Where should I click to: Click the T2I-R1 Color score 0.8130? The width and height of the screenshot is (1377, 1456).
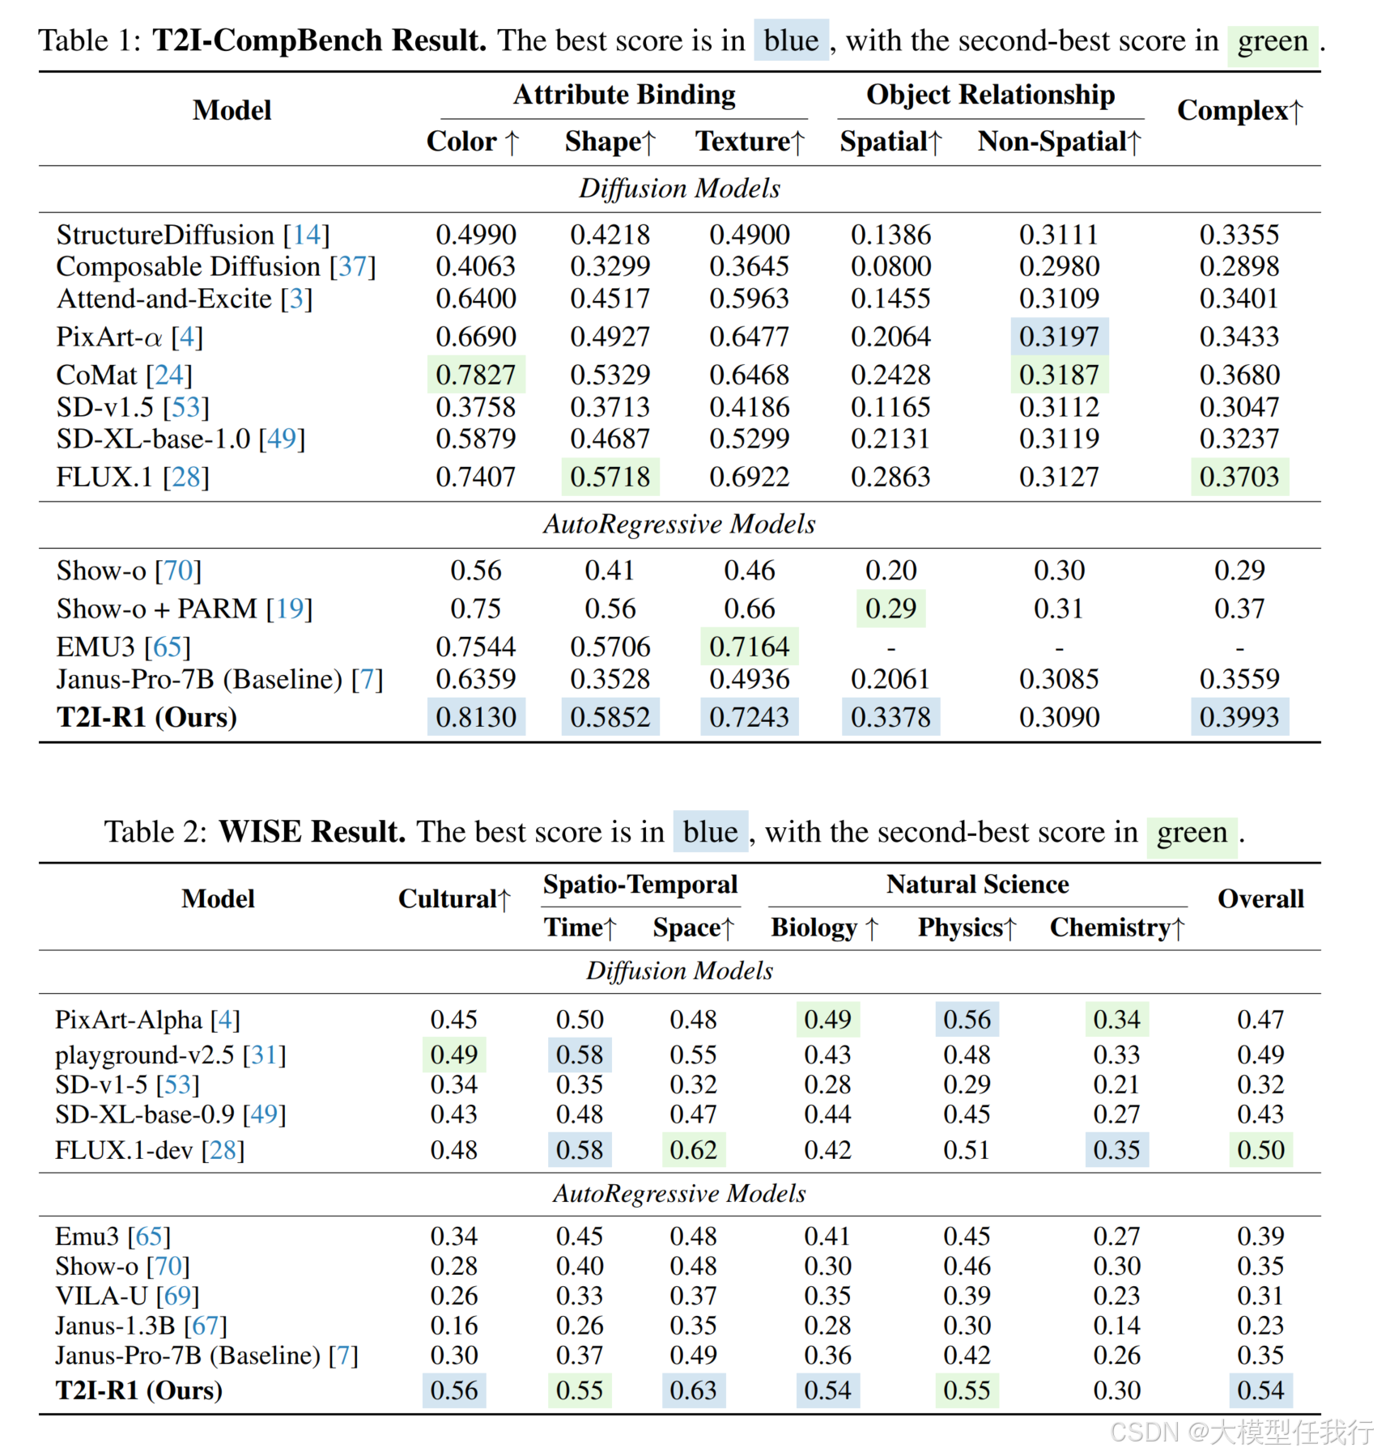[475, 717]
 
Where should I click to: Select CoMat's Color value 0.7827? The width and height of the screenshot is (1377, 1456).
[475, 375]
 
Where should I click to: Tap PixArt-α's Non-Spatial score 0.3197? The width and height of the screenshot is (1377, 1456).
[1059, 337]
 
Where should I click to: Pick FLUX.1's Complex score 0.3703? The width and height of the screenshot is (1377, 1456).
[1239, 477]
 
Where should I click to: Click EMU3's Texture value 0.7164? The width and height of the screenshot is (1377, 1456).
[749, 647]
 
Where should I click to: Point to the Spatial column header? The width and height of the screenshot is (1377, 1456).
[890, 142]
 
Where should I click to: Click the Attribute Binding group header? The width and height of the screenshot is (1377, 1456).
[624, 95]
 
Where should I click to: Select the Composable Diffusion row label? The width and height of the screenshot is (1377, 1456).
[189, 266]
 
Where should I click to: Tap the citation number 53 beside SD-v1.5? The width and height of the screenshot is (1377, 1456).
[186, 407]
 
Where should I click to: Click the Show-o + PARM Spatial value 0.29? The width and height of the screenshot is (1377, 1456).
[890, 609]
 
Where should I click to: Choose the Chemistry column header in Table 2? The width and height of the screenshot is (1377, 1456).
[1116, 928]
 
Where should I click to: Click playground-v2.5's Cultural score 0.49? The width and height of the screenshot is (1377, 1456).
[453, 1055]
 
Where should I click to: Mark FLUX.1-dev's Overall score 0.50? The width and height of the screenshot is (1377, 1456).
[1260, 1150]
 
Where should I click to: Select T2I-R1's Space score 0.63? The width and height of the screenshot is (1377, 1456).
[693, 1390]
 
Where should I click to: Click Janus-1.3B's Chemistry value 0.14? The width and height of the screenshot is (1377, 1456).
[1116, 1326]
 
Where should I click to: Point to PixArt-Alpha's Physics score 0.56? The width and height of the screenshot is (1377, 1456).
[967, 1020]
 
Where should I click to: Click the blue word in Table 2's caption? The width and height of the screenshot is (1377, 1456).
[710, 832]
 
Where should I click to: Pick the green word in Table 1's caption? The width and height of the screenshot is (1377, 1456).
[1273, 40]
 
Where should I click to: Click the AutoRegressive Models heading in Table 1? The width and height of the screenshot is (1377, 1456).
[679, 524]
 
